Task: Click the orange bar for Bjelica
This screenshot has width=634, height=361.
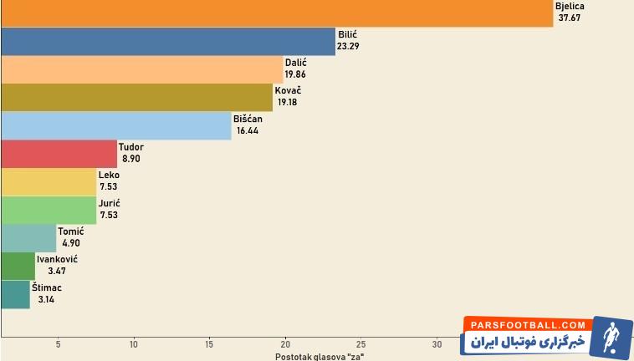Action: coord(276,13)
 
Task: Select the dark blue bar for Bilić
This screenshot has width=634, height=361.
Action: coord(167,42)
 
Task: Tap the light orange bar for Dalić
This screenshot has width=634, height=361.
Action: coord(141,69)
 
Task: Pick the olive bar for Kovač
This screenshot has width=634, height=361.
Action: coord(136,98)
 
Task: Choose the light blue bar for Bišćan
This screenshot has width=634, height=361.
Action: coord(115,126)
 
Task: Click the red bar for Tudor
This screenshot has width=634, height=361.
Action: coord(59,155)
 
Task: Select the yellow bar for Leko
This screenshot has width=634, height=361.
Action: coord(49,182)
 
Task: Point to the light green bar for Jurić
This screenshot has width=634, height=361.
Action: coord(49,211)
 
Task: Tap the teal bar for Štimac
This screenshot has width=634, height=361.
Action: coord(15,295)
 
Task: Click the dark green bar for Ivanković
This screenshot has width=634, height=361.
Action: coord(18,267)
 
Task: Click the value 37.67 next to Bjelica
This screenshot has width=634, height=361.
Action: coord(570,18)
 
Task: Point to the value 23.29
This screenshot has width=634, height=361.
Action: coord(348,46)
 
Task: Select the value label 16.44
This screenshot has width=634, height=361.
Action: coord(248,130)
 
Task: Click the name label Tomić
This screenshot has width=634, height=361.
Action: coord(70,231)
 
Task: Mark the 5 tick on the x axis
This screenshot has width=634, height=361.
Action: coord(58,343)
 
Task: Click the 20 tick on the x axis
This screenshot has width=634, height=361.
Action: coord(285,343)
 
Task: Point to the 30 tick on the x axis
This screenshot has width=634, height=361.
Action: coord(437,343)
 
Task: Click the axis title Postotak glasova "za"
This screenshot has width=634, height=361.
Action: coord(320,357)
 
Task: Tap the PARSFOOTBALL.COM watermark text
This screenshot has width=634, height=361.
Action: coord(528,324)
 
